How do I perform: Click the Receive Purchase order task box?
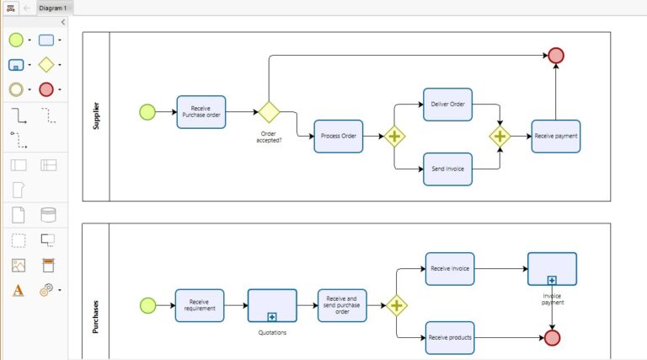point(201,112)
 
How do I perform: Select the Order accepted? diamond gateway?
point(269,112)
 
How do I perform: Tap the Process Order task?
point(339,137)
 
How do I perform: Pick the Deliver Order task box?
point(447,105)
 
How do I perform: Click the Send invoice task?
point(447,169)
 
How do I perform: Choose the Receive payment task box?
point(556,137)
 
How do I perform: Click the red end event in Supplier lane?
point(556,56)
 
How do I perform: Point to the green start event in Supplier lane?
point(147,112)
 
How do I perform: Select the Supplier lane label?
point(96,116)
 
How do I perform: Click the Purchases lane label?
point(96,317)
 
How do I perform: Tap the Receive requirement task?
point(200,305)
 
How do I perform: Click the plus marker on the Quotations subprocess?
point(272,317)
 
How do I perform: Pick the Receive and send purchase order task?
point(342,305)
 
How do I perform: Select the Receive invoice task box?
point(450,269)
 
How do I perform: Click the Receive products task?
point(450,338)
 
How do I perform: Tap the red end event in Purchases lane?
point(552,338)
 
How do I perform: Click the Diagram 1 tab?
point(53,8)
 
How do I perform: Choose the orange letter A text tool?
point(18,290)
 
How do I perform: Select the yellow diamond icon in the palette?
point(45,65)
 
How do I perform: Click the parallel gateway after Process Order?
point(394,137)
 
